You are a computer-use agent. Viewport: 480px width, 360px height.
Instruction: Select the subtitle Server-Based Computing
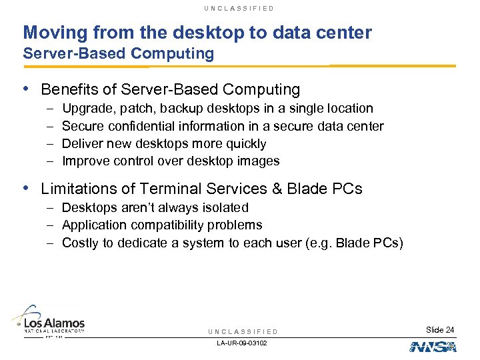click(119, 54)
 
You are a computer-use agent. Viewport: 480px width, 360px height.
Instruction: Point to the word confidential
click(149, 126)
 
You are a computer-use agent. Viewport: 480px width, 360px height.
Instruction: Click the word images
click(260, 161)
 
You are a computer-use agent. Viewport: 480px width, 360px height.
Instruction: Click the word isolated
click(225, 208)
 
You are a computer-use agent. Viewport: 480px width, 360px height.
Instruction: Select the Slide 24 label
click(440, 330)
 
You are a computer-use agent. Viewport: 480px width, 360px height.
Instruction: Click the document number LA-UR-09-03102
click(243, 343)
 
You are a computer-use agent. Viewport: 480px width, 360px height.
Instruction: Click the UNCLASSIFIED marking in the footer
click(243, 331)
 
